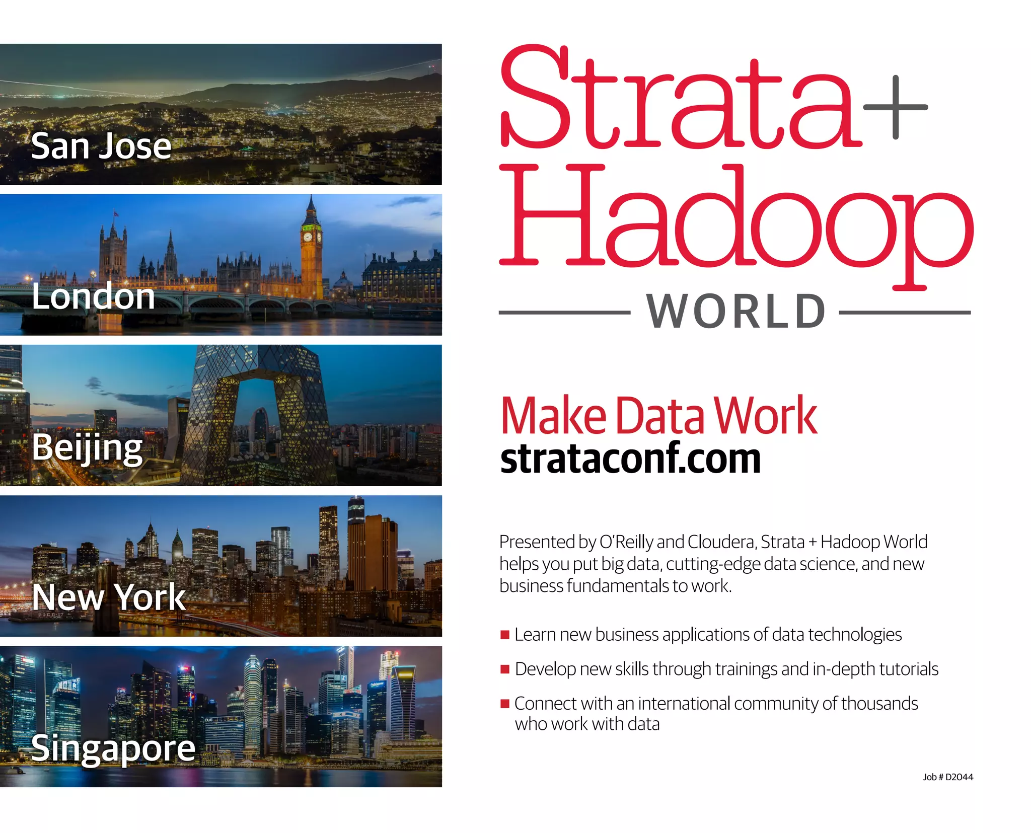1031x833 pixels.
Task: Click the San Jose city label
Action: click(101, 146)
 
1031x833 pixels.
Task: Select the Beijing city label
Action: click(88, 447)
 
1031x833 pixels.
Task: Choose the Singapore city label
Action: click(113, 748)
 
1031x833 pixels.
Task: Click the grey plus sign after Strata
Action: click(895, 107)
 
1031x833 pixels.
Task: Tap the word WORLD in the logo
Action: click(735, 312)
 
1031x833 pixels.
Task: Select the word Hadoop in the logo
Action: click(735, 221)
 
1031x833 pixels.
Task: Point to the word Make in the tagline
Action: click(554, 416)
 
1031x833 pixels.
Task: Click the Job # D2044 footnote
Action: click(947, 777)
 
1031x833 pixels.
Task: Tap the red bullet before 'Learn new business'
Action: click(505, 635)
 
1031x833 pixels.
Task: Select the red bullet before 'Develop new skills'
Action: click(505, 669)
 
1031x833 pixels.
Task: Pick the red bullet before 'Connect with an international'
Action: click(505, 704)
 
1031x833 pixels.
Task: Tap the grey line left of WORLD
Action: click(564, 313)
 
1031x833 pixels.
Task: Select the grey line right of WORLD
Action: click(905, 313)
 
